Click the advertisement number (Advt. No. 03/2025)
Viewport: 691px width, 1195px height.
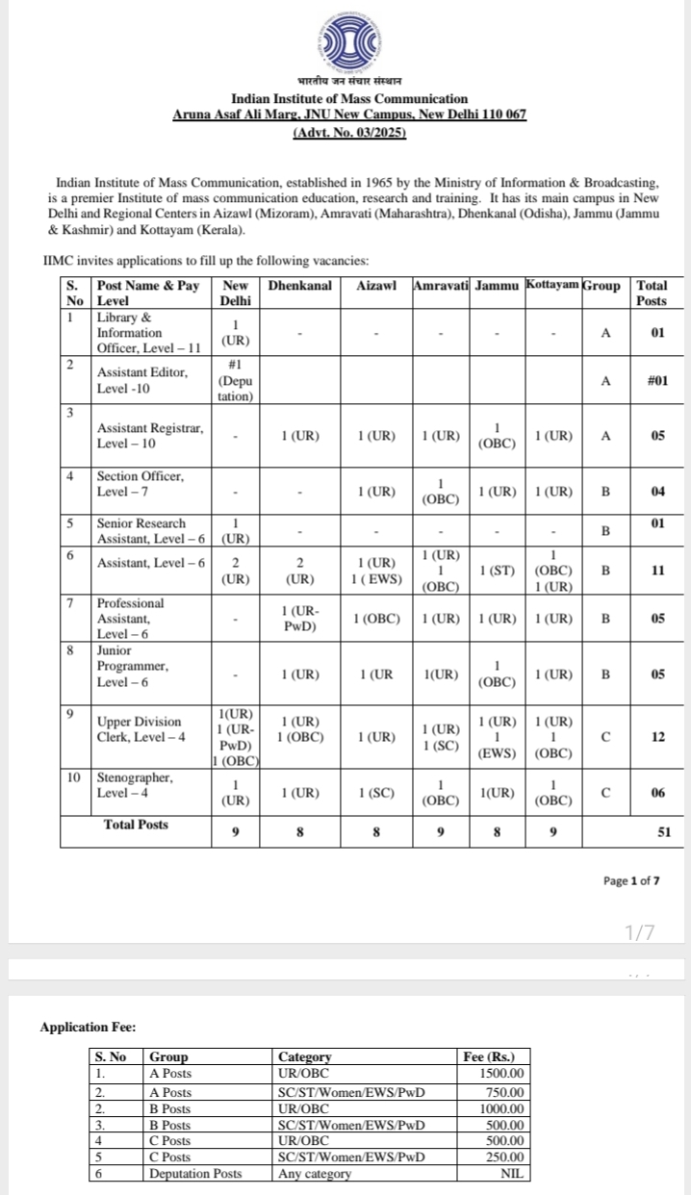click(x=348, y=133)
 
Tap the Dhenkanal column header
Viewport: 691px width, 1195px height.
click(x=299, y=286)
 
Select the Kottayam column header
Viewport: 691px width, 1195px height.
click(x=553, y=286)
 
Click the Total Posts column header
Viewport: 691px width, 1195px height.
click(x=652, y=293)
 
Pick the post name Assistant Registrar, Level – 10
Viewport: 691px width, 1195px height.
click(x=151, y=436)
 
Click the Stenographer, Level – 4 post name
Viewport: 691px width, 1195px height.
click(x=135, y=784)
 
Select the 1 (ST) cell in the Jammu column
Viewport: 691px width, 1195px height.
click(x=498, y=571)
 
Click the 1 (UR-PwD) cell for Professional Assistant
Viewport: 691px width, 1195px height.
click(x=299, y=620)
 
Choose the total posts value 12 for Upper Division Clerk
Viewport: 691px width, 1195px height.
click(x=658, y=737)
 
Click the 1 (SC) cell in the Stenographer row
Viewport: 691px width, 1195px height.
click(x=375, y=793)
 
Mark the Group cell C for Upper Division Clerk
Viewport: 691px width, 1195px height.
click(x=605, y=737)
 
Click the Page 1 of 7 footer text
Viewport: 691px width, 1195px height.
click(x=631, y=880)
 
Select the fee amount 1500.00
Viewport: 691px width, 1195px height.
click(x=502, y=1072)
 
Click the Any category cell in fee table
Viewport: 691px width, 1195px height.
click(x=316, y=1173)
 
